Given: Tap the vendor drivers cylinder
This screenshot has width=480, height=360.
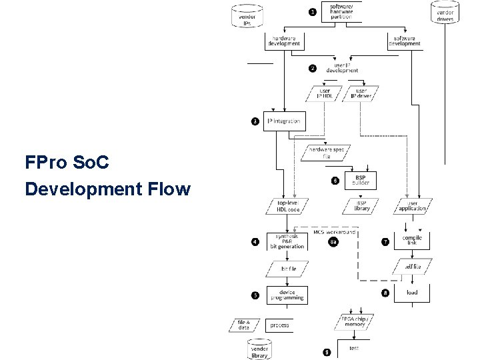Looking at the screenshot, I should [x=445, y=13].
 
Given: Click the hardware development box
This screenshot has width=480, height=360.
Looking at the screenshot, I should [x=284, y=41].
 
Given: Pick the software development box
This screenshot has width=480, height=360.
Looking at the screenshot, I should [x=406, y=41].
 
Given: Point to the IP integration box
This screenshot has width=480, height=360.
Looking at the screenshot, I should [x=284, y=121].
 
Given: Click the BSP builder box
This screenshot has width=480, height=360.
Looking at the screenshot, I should [x=361, y=180].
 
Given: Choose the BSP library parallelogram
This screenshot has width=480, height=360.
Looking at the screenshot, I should [x=361, y=205].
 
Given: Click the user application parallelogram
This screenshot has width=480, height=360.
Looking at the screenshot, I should [x=412, y=205].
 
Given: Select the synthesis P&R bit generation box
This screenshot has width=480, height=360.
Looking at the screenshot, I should [x=287, y=241].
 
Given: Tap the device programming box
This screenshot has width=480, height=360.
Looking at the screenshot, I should [x=287, y=294].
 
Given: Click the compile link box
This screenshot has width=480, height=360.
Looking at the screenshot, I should [x=412, y=241].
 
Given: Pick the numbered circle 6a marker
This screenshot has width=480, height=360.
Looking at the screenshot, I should [x=334, y=242].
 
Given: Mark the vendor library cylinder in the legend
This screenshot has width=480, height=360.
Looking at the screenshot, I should [x=259, y=349].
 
